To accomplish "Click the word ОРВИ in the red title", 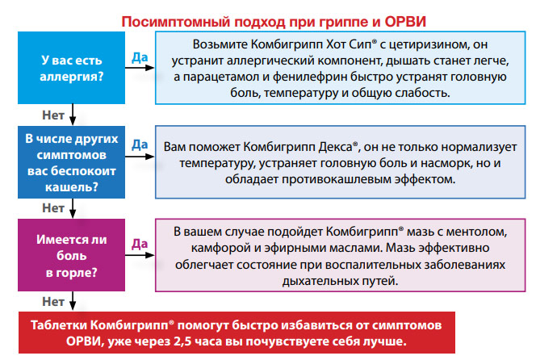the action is pos(405,22).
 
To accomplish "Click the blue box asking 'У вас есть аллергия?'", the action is pos(72,68).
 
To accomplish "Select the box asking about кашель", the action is pos(72,162).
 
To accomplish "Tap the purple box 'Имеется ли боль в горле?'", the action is pos(72,255).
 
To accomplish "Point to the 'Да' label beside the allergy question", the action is pos(140,57).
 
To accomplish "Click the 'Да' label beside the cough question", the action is pos(140,144).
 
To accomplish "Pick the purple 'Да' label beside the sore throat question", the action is pos(140,244).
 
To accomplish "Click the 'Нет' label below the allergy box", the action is pos(53,115).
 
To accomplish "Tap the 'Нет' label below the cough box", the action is pos(53,208).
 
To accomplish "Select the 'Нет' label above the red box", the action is pos(53,302).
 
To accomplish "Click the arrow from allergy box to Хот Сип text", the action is pos(140,68).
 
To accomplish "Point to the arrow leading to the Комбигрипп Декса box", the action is pos(140,157).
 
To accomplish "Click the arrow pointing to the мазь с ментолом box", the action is pos(140,255).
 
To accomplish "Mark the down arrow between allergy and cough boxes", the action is pos(73,115).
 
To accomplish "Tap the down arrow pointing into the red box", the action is pos(73,301).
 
